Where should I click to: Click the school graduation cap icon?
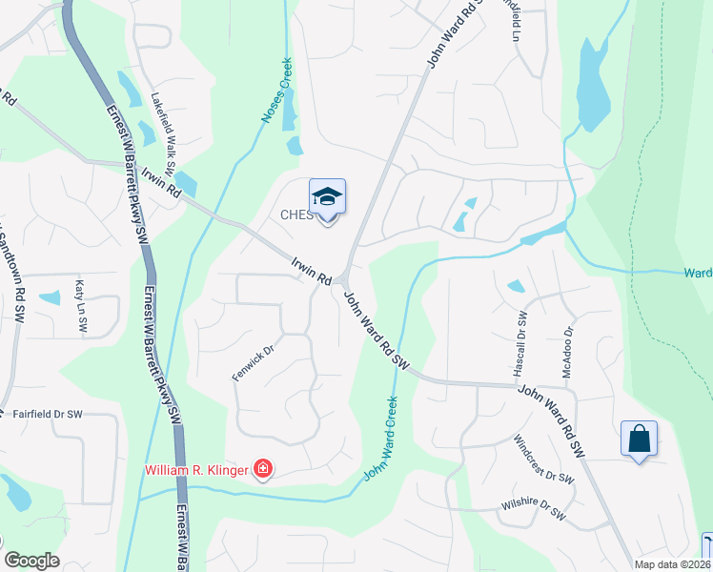tap(327, 197)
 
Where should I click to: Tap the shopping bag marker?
tap(639, 439)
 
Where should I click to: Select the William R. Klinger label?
tap(195, 470)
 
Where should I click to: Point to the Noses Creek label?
tap(277, 92)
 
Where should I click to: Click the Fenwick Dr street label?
tap(254, 363)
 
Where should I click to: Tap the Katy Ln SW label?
tap(81, 305)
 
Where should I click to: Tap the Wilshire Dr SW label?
tap(533, 510)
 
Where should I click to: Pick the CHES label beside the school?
tap(296, 215)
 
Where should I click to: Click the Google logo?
tap(31, 561)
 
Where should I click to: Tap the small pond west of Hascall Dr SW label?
tap(516, 286)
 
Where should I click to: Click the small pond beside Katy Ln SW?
tap(49, 297)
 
